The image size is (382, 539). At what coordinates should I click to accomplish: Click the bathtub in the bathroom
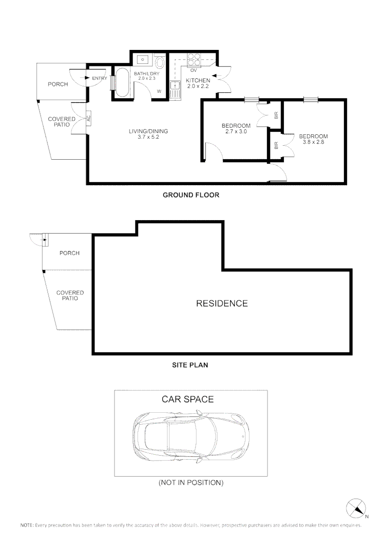[122, 83]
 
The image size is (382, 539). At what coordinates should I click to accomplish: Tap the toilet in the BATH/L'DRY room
[159, 63]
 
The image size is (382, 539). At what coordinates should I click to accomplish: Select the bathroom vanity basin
[142, 59]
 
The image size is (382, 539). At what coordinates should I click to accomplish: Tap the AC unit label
[88, 119]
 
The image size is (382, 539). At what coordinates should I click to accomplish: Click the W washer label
[159, 91]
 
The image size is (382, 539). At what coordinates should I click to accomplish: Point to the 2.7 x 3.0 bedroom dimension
[236, 132]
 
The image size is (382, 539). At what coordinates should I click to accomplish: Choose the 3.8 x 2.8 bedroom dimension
[313, 142]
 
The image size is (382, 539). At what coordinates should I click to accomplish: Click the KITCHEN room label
[198, 80]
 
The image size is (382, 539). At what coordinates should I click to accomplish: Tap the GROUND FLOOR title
[191, 195]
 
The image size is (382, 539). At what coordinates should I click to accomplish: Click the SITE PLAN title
[190, 365]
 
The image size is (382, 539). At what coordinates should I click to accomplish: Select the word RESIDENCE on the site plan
[221, 303]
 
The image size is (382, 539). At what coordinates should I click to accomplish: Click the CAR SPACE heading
[187, 399]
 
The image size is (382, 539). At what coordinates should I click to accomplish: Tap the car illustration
[191, 435]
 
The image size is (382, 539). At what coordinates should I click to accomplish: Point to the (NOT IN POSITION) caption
[190, 483]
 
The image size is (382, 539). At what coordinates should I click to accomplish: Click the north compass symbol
[356, 509]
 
